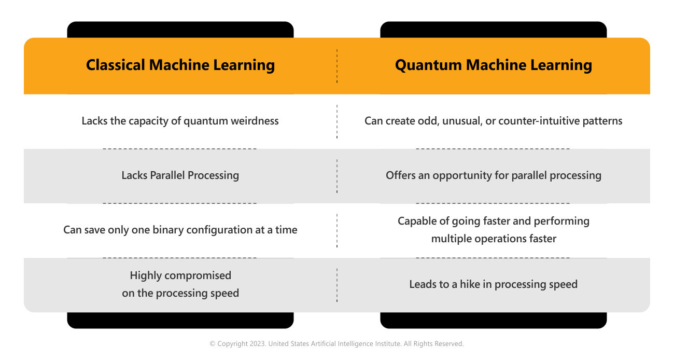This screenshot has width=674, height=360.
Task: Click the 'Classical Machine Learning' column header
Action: pos(180,65)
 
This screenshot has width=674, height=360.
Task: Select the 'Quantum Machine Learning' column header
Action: pos(494,65)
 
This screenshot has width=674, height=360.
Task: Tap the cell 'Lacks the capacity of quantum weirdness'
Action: pos(180,121)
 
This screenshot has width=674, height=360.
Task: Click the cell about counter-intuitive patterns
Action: pos(494,121)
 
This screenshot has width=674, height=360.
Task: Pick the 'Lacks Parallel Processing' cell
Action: pos(180,175)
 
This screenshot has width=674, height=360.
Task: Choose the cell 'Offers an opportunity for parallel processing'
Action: pos(494,175)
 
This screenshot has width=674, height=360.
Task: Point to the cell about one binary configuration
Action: pos(180,230)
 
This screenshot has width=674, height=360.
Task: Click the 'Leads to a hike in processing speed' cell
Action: pos(494,284)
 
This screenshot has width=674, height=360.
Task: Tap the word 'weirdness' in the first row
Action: pos(255,121)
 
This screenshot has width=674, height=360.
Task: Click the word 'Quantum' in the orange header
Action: pos(428,65)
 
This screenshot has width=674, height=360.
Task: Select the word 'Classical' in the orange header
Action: pos(116,65)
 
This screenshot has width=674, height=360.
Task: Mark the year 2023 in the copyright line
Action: pos(257,343)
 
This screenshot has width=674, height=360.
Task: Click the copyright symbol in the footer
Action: pos(213,344)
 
